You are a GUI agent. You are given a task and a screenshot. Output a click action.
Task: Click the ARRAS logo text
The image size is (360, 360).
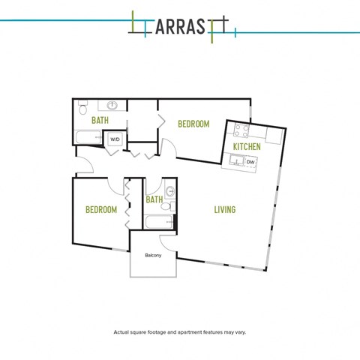pyautogui.click(x=180, y=26)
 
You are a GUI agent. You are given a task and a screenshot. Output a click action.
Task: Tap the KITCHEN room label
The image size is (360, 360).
pyautogui.click(x=247, y=147)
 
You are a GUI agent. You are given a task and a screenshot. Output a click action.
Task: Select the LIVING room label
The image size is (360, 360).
pyautogui.click(x=225, y=209)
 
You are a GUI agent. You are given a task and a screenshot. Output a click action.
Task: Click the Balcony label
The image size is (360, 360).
pyautogui.click(x=153, y=255)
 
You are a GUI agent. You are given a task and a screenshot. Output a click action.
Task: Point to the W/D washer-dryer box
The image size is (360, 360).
pyautogui.click(x=115, y=139)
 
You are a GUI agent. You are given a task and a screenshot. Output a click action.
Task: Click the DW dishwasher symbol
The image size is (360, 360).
pyautogui.click(x=250, y=162)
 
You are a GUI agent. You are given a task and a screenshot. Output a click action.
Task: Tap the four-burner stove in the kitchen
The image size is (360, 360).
pyautogui.click(x=241, y=130)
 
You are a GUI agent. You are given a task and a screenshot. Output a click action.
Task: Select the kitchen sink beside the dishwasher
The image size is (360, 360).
pyautogui.click(x=236, y=160)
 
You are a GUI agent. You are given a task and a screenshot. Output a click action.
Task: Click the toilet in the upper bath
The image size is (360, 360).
pyautogui.click(x=82, y=107)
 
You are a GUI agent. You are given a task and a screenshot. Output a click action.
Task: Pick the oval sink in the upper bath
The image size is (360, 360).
pyautogui.click(x=112, y=105)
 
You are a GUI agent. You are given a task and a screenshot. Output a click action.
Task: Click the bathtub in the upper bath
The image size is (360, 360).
pyautogui.click(x=88, y=137)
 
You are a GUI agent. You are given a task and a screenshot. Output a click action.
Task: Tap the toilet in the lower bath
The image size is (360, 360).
pyautogui.click(x=167, y=206)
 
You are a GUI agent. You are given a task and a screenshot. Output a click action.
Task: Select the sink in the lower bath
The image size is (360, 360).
pyautogui.click(x=170, y=191)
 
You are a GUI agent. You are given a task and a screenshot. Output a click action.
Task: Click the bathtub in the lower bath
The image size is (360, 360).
pyautogui.click(x=159, y=222)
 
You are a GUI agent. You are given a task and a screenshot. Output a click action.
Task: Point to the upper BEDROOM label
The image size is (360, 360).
pyautogui.click(x=193, y=124)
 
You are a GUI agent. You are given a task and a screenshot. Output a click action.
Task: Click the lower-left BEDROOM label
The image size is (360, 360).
pyautogui.click(x=101, y=209)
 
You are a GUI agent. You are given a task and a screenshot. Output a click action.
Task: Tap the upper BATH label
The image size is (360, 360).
pyautogui.click(x=100, y=120)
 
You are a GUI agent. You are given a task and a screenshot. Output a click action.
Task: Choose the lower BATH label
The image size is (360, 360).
pyautogui.click(x=154, y=199)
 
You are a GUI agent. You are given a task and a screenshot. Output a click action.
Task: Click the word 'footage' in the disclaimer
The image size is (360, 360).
pyautogui.click(x=157, y=332)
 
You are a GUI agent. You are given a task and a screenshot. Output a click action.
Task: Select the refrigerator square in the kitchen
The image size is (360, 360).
pyautogui.click(x=274, y=136)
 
